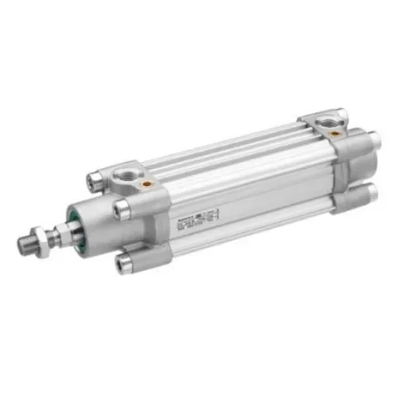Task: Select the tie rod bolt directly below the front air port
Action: pos(122,208)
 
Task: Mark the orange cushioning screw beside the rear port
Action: pos(334,133)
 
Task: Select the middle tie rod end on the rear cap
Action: pos(374,141)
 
